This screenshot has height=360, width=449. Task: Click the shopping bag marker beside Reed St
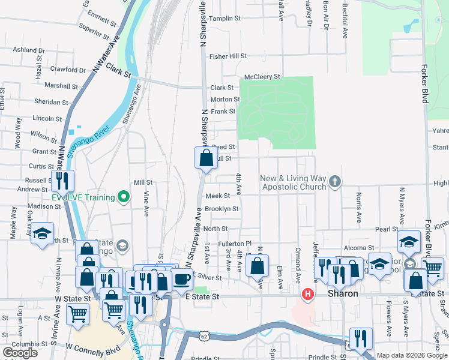pos(206,158)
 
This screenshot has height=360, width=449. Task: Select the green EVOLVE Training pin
pos(124,197)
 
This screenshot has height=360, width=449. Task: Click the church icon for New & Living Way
pos(335,181)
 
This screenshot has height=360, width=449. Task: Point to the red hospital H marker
pos(308,294)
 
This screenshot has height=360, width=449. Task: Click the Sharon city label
pos(343,294)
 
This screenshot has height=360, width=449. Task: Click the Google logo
pos(20,353)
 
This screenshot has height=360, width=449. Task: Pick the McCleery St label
pos(262,77)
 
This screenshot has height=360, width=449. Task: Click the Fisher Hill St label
pos(228,56)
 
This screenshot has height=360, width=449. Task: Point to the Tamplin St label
pos(225,19)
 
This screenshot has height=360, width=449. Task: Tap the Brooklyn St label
pos(221,209)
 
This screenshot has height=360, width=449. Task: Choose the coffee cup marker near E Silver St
pos(182,278)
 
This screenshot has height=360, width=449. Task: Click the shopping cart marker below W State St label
pos(78,313)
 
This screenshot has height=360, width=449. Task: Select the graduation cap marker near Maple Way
pos(42,235)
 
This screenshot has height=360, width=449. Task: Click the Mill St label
pos(143,182)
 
